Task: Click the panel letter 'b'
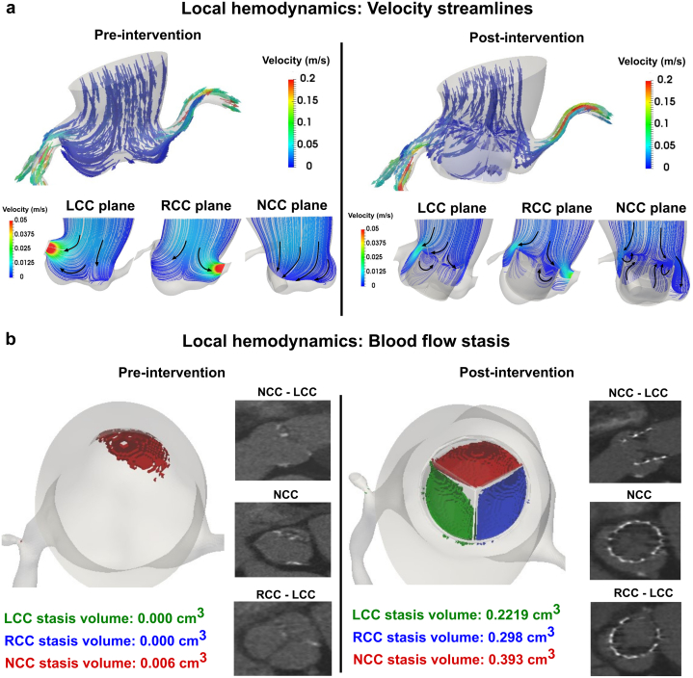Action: pyautogui.click(x=9, y=340)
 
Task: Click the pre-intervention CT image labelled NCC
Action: pyautogui.click(x=278, y=519)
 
